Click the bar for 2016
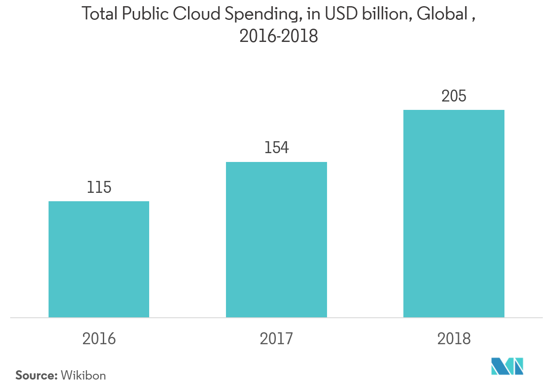coord(99,259)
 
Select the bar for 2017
coord(276,240)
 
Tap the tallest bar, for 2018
coord(454,214)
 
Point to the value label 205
coord(454,96)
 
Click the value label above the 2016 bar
coord(99,188)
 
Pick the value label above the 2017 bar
coord(276,148)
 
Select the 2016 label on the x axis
coord(99,338)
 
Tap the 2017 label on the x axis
coord(276,338)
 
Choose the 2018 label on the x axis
coord(454,338)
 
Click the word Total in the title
coord(100,15)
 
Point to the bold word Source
coord(36,376)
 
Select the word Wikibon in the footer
coord(83,376)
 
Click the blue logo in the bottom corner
coord(508,366)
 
